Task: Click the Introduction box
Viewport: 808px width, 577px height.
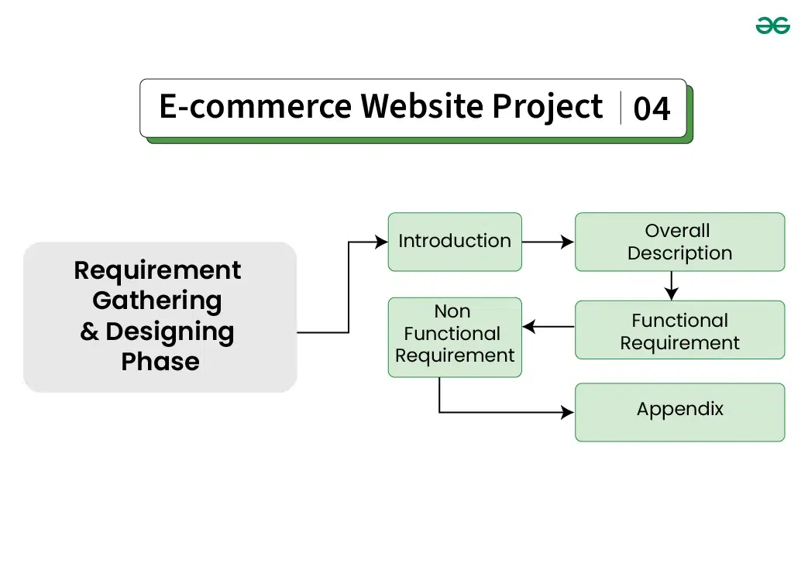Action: point(455,242)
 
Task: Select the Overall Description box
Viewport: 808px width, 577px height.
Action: point(679,242)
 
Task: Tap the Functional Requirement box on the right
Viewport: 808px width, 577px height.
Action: point(679,331)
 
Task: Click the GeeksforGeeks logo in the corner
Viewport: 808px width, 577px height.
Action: point(772,26)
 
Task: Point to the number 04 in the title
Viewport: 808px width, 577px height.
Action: point(652,108)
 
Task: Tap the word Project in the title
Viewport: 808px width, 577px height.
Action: point(548,107)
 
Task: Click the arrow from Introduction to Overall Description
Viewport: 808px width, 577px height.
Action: point(548,242)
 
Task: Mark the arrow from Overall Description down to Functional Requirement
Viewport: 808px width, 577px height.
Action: point(672,286)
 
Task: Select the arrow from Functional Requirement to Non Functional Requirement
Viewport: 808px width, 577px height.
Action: point(548,327)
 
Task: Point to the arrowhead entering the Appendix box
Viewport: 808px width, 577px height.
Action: point(568,412)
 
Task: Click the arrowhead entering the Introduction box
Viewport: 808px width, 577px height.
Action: point(381,242)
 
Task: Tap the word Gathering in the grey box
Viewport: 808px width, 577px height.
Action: point(157,301)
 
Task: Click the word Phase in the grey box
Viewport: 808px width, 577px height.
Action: point(160,361)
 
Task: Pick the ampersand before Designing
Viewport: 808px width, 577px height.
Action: point(90,331)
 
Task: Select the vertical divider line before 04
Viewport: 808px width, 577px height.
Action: point(621,108)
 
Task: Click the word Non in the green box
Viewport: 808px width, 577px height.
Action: point(452,311)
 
